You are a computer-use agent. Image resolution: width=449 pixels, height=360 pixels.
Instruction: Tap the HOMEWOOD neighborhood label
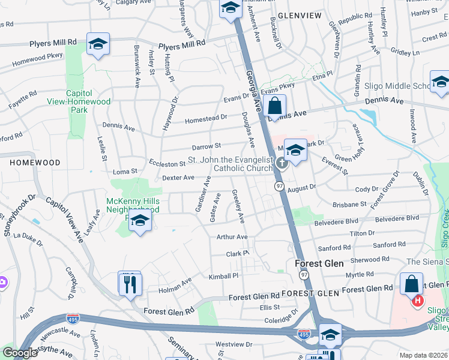pyautogui.click(x=35, y=163)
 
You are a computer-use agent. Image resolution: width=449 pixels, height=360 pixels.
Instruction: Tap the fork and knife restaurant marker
pyautogui.click(x=130, y=283)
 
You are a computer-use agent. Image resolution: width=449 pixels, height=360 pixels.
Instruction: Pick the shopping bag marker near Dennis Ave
pyautogui.click(x=274, y=106)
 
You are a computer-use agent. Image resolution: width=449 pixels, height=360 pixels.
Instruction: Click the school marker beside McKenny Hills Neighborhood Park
pyautogui.click(x=140, y=221)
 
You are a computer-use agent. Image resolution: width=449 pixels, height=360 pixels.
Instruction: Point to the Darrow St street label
pyautogui.click(x=206, y=146)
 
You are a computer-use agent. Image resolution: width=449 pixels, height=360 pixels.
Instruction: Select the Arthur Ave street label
pyautogui.click(x=232, y=238)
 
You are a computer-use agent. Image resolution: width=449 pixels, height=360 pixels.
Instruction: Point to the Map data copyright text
pyautogui.click(x=423, y=355)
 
